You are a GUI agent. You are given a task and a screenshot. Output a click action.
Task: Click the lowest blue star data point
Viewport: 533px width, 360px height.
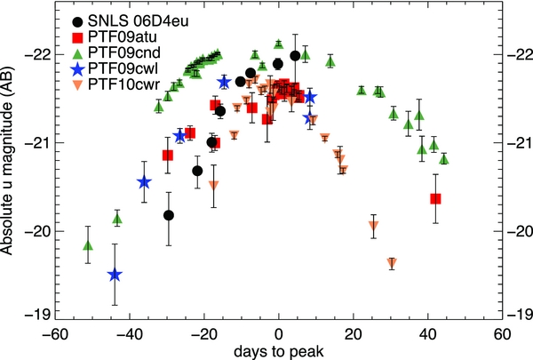click(x=114, y=275)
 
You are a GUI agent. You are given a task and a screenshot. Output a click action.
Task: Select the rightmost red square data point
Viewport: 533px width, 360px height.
click(x=435, y=198)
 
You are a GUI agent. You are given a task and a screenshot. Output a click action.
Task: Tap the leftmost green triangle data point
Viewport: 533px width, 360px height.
click(x=87, y=245)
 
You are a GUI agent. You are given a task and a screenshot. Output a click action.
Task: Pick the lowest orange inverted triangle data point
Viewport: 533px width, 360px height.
click(x=392, y=262)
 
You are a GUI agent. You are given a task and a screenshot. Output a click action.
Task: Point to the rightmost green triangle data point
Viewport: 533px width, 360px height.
click(x=443, y=159)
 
